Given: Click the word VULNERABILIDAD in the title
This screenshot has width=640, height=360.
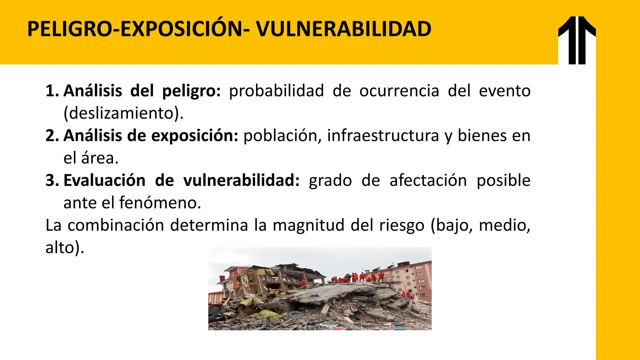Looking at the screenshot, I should point(344,29).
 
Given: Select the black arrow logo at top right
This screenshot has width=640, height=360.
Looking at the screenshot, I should point(577,40).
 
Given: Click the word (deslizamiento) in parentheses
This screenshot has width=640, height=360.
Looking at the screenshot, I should point(123,113).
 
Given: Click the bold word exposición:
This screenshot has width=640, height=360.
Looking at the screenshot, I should point(195,136).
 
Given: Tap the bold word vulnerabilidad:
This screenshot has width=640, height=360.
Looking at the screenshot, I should point(242,180).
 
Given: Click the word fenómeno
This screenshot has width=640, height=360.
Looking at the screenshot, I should point(160,203).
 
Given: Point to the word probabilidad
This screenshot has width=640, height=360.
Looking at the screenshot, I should point(276,91).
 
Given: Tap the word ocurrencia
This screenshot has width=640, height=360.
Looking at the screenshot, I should point(399,91).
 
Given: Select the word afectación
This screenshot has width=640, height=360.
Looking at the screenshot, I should point(428,180).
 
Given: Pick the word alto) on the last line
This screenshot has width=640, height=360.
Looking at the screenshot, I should point(65,248).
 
